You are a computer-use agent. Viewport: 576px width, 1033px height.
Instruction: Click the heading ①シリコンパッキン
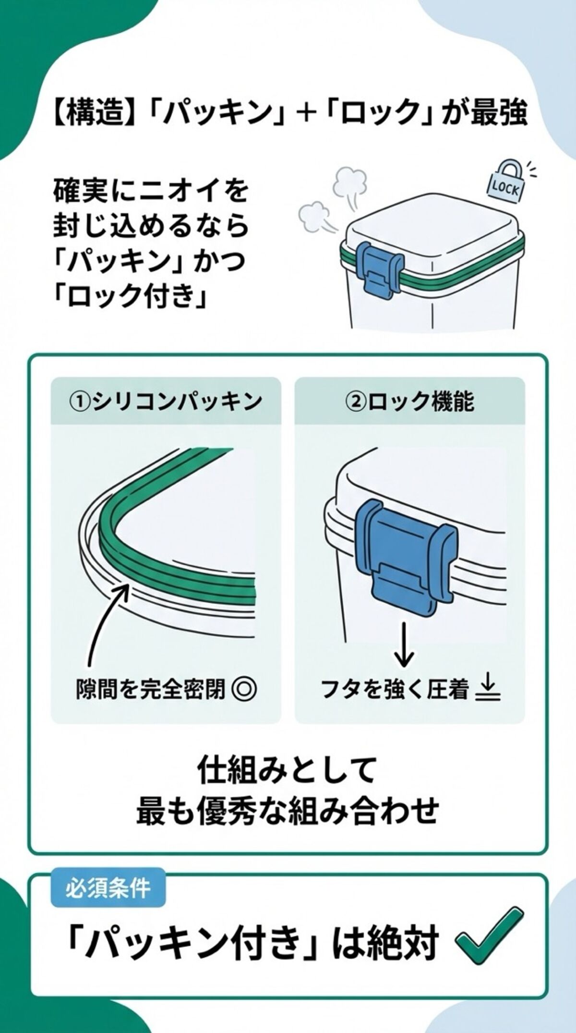[x=166, y=402]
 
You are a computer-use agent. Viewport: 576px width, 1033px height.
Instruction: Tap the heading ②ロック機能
[x=409, y=402]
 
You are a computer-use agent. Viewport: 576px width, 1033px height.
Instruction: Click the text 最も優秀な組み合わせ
[x=287, y=811]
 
